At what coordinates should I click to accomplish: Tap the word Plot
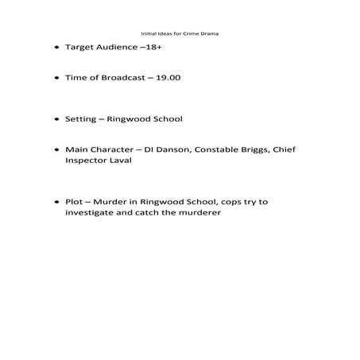coord(74,202)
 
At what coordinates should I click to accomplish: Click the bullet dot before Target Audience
coord(56,48)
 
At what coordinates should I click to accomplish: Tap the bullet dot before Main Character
coord(56,150)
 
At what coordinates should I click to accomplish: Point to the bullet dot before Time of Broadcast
coord(56,79)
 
